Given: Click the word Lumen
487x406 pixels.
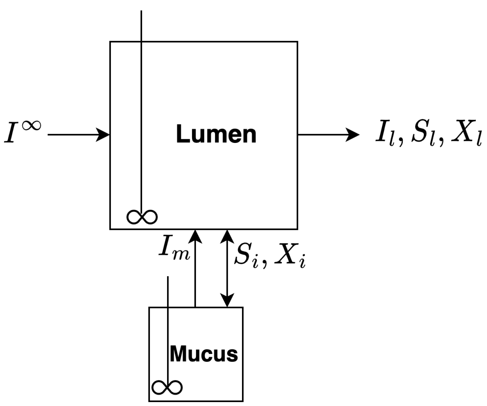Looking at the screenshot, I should [216, 134].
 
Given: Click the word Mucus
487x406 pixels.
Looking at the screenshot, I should [204, 354].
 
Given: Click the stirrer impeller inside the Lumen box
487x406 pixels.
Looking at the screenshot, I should [142, 217].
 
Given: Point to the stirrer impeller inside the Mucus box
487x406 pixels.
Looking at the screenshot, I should [167, 387].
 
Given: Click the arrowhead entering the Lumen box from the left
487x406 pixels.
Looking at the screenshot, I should [105, 135].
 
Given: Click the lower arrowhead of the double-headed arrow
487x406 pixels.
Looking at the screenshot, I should [227, 301].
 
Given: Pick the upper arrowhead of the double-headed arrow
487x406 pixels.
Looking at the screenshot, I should [227, 235].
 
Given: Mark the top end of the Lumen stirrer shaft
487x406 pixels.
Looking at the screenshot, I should [141, 11].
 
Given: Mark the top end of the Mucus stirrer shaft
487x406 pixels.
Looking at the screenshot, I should [168, 277].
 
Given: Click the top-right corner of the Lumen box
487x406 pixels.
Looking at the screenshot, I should [297, 42].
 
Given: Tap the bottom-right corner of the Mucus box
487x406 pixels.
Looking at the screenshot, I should [243, 401].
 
